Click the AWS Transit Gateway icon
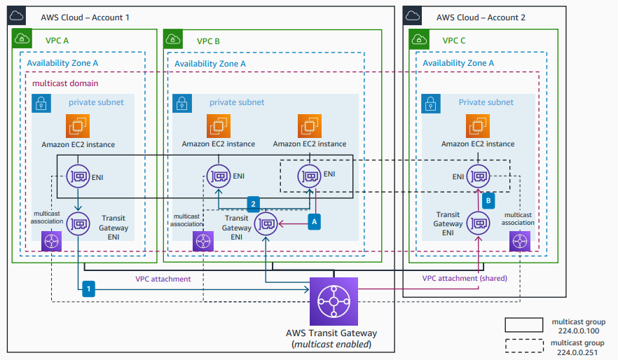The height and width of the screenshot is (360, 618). (334, 301)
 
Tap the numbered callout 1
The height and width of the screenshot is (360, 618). (88, 287)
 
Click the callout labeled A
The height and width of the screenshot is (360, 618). (315, 220)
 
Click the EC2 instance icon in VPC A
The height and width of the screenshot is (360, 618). (78, 127)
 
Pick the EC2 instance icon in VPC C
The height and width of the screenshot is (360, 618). (477, 127)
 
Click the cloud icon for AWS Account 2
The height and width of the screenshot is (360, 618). (414, 16)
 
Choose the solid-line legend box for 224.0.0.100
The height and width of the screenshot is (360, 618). (524, 324)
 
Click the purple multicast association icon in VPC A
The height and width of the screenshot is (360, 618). (52, 242)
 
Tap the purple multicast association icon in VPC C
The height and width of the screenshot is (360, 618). (520, 242)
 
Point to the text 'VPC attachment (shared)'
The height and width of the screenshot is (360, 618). (465, 278)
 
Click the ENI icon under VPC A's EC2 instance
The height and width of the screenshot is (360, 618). (78, 174)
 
